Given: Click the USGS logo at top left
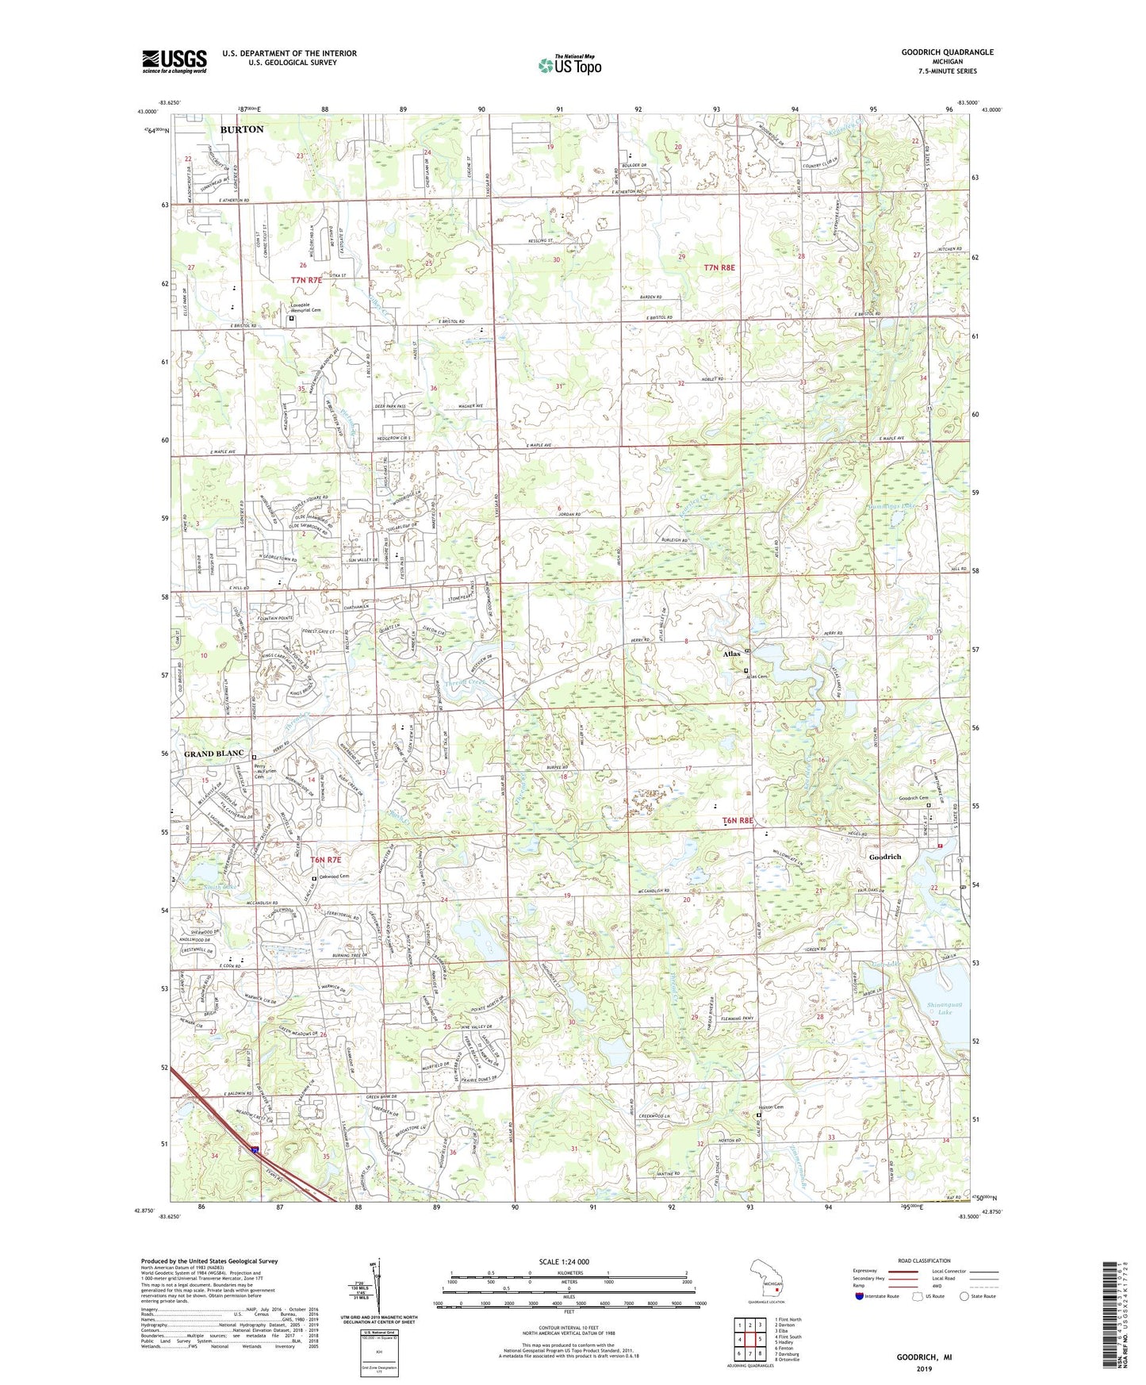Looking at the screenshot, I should click(x=174, y=61).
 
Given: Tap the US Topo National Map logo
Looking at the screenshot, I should click(x=569, y=65).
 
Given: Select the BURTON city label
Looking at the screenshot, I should click(x=242, y=129).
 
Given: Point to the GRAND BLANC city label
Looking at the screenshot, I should click(x=213, y=753).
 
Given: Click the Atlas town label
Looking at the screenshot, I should click(x=731, y=654).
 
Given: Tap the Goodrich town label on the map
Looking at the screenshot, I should click(x=883, y=857).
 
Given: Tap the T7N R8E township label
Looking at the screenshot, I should click(x=719, y=268).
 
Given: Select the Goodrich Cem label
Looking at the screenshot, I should click(x=912, y=798).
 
